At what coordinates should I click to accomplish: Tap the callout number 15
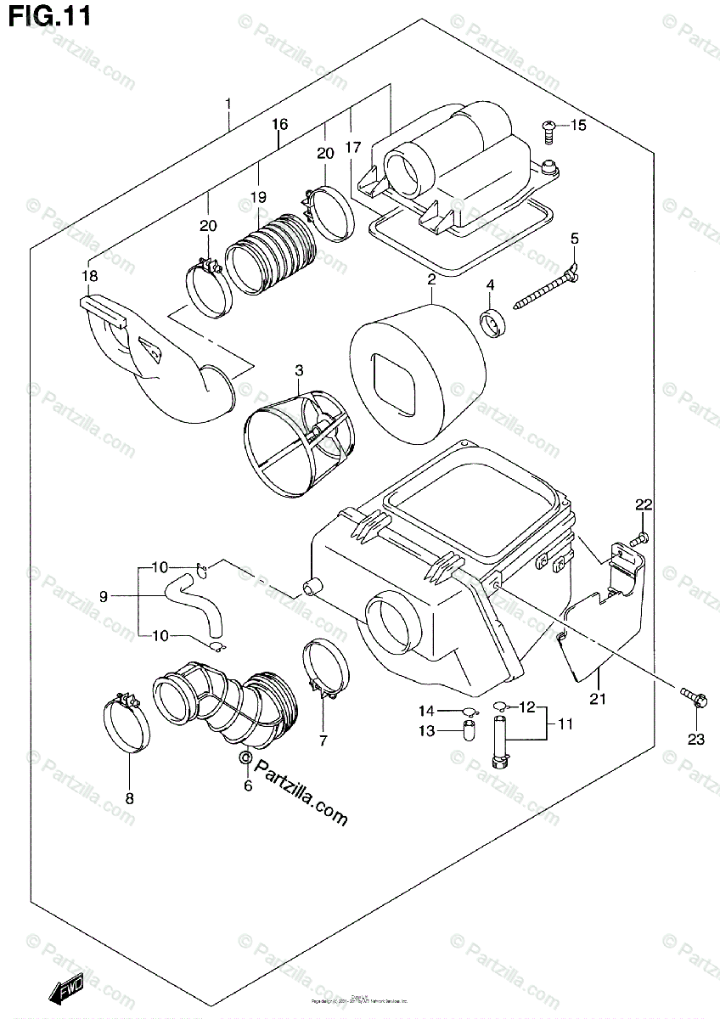click(x=578, y=127)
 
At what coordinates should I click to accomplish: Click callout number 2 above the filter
click(x=431, y=279)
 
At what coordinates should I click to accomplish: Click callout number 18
click(x=89, y=275)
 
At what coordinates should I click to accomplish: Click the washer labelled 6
click(x=245, y=757)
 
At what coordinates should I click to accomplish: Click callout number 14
click(x=425, y=710)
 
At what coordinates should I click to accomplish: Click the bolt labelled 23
click(x=693, y=698)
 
